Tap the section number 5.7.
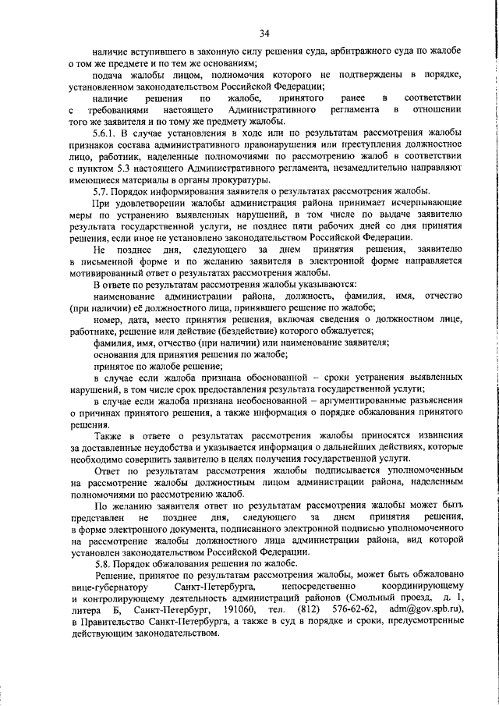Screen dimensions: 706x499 100,191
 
